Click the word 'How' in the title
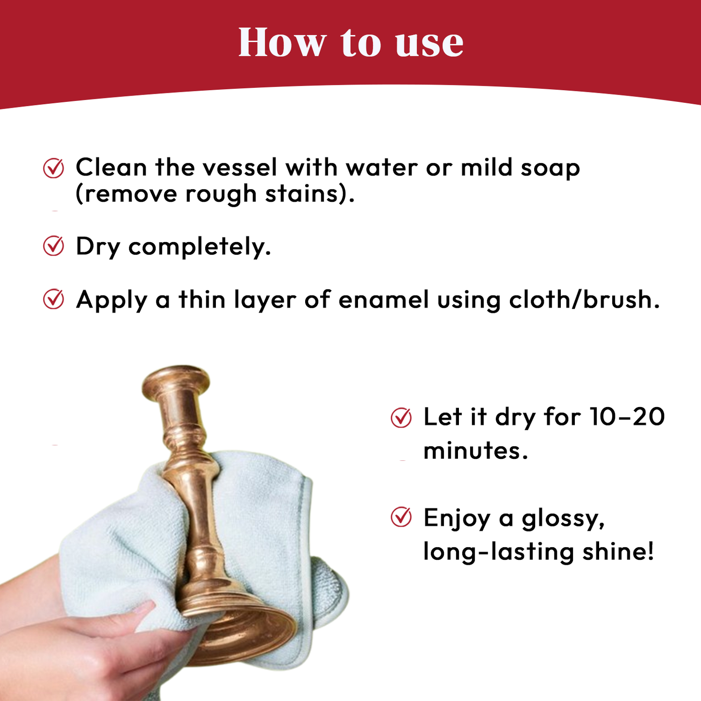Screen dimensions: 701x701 (281, 43)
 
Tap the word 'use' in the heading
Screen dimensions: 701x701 (429, 44)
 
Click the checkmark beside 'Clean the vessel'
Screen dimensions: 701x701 (53, 168)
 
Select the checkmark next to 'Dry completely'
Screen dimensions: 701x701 (53, 246)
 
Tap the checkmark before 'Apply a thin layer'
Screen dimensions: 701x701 (53, 299)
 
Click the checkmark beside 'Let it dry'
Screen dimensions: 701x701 (401, 418)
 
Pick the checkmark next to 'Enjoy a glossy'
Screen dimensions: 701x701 (401, 517)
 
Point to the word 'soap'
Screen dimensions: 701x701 (550, 168)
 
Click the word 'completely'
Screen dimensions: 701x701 (199, 247)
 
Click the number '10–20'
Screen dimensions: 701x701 (627, 417)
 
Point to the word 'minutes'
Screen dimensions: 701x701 (474, 451)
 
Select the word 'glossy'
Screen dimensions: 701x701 (563, 519)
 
